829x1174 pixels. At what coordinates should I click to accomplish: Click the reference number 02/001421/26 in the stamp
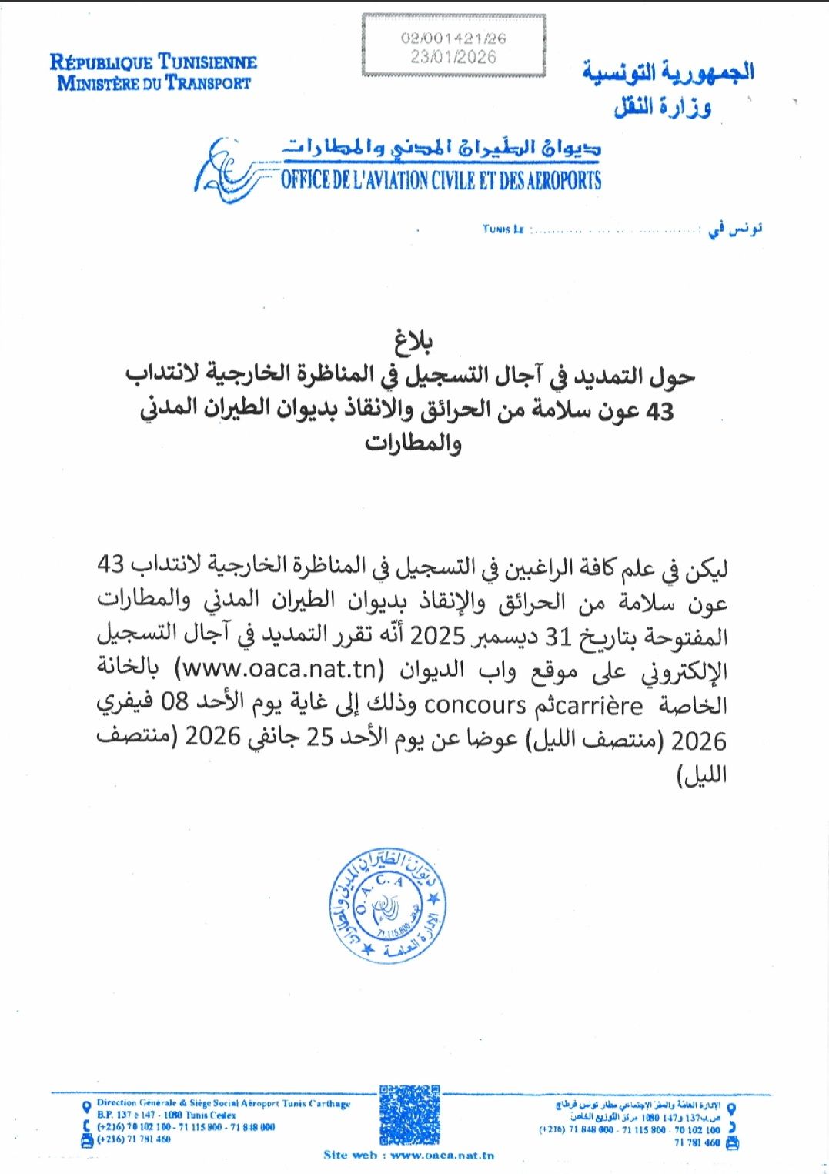coord(453,38)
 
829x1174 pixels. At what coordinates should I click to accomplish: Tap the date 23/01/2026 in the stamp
coord(453,56)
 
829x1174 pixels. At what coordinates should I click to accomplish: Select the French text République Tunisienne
coord(153,62)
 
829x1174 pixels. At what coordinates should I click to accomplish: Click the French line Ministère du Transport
coord(154,83)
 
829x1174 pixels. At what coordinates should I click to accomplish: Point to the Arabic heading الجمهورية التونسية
coord(667,72)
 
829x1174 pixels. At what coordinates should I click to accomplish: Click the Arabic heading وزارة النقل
coord(662,107)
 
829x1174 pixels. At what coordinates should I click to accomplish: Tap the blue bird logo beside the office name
coord(227,169)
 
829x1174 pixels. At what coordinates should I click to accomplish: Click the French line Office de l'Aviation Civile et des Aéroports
coord(440,181)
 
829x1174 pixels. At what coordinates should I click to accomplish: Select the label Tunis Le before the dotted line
coord(503,229)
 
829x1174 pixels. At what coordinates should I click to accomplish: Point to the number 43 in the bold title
coord(659,412)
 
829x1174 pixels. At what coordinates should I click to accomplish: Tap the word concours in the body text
coord(475,704)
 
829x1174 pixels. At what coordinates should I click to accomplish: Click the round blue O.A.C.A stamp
coord(386,905)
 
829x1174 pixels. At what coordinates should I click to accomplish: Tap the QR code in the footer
coord(409,1114)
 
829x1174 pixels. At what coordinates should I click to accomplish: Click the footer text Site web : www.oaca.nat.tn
coord(409,1155)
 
